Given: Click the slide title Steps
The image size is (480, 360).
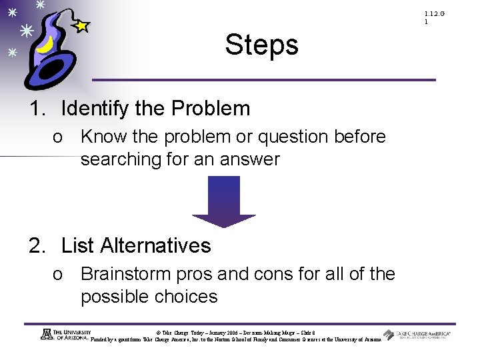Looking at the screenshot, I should [x=261, y=45].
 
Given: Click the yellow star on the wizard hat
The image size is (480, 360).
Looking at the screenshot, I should [x=81, y=27].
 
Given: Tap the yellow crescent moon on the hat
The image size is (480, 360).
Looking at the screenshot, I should [x=45, y=46].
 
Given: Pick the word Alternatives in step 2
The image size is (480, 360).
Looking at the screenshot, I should [x=155, y=246].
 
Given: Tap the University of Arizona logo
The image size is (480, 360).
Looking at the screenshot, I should [x=67, y=335].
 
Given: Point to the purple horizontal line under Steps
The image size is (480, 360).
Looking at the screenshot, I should [x=263, y=80].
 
